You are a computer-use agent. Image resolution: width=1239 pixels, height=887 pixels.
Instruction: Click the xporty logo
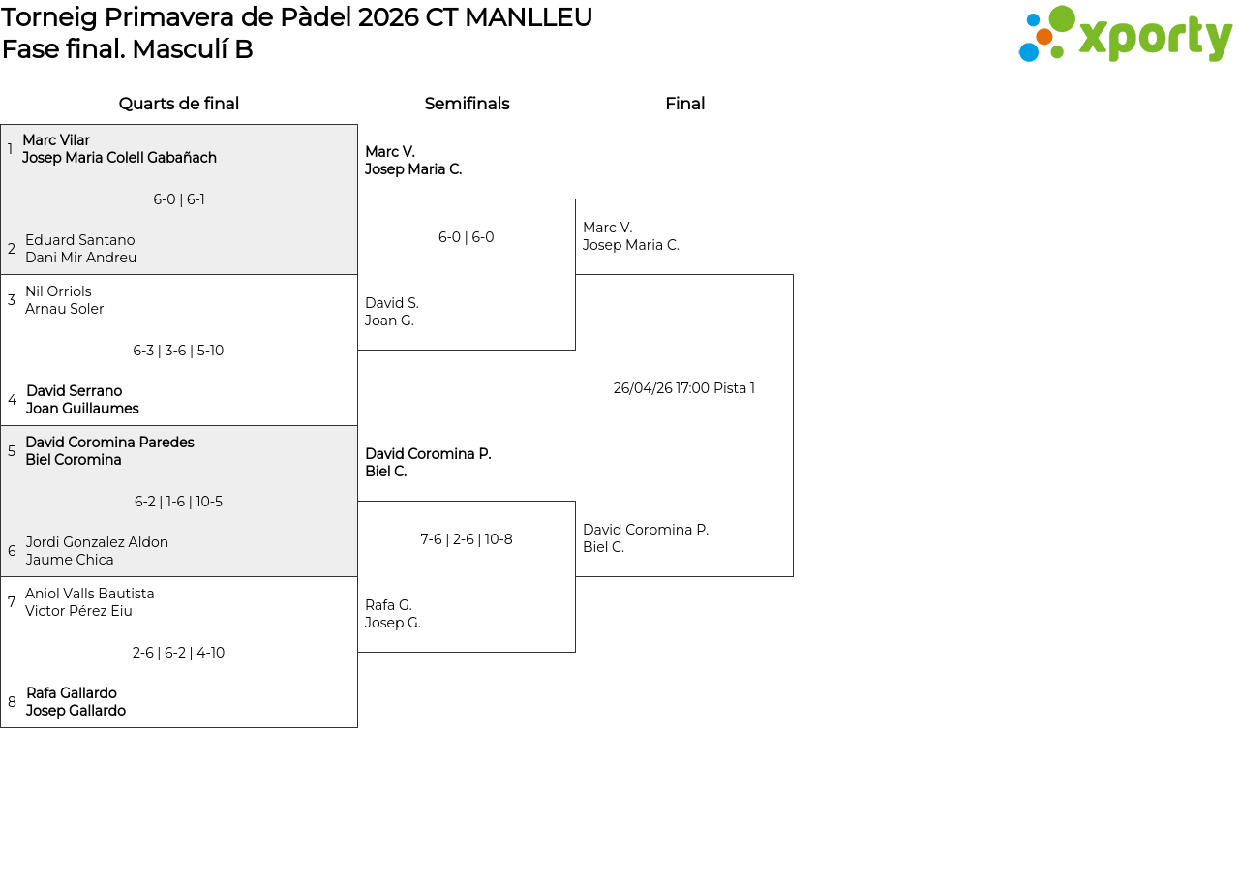coord(1125,34)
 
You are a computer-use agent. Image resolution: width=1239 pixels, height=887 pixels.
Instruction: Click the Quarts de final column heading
coord(179,104)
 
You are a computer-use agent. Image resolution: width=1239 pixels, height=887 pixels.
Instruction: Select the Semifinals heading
coord(467,104)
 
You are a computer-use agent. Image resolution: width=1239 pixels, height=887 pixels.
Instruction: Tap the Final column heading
coord(684,104)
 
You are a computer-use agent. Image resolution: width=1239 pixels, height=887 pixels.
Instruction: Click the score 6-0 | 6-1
coord(179,199)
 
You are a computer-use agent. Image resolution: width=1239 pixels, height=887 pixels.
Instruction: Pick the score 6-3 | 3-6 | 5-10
coord(178,351)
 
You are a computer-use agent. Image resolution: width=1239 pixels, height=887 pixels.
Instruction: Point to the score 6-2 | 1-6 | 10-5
coord(178,502)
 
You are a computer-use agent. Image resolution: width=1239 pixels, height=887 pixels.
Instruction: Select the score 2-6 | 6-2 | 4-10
coord(178,653)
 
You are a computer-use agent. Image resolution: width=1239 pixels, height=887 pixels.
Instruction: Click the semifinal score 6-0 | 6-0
coord(466,237)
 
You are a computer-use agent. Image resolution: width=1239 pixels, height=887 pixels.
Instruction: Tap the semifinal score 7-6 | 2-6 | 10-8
coord(467,539)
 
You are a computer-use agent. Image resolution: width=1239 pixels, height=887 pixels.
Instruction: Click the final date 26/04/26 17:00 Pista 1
coord(683,388)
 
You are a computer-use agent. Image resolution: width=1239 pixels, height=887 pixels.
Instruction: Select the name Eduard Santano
coord(80,239)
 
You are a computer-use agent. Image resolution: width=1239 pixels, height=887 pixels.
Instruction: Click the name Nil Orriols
coord(59,291)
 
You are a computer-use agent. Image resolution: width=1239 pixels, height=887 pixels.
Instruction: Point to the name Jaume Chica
coord(70,560)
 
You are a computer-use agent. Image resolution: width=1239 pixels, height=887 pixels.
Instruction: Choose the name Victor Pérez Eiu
coord(78,611)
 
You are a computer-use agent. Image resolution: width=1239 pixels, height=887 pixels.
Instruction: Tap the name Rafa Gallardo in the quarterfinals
coord(72,692)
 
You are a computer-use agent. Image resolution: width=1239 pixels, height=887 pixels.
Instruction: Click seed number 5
coord(11,451)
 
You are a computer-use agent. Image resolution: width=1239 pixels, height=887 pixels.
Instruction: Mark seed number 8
coord(12,702)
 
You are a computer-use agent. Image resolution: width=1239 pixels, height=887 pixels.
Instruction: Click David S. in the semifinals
coord(392,303)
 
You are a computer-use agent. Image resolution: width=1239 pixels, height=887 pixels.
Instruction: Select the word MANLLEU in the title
coord(529,17)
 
